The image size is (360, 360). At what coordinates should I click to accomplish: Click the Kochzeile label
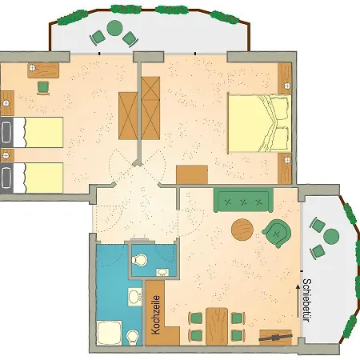coord(155,314)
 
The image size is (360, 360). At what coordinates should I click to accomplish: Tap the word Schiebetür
coord(307,300)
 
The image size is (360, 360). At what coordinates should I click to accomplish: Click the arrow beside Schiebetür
coord(298,301)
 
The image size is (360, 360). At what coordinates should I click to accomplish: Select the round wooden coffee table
coord(242,230)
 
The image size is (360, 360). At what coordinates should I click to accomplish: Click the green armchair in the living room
coord(277,234)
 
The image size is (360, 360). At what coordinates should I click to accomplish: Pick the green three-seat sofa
coord(243,200)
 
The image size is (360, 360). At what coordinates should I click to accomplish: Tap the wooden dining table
coord(217,326)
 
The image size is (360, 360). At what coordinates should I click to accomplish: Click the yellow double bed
coord(260,123)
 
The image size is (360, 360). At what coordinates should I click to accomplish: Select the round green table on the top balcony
coord(114,28)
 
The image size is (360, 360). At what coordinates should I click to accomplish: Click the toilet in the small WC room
coord(140,260)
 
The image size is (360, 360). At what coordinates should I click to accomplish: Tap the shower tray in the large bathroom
coord(109,333)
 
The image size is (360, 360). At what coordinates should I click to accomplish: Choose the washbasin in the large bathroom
coord(134,297)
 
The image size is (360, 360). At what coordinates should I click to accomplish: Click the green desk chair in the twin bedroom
coord(43,87)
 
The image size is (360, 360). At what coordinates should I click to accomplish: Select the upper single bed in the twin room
coord(32,132)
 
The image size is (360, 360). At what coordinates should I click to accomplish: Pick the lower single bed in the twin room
coord(32,178)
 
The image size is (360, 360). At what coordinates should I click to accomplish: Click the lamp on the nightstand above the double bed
coord(287,86)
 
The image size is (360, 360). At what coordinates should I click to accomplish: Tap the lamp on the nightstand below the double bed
coord(287,160)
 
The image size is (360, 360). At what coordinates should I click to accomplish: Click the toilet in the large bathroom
coord(133,338)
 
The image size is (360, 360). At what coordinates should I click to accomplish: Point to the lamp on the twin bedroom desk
coord(32,68)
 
